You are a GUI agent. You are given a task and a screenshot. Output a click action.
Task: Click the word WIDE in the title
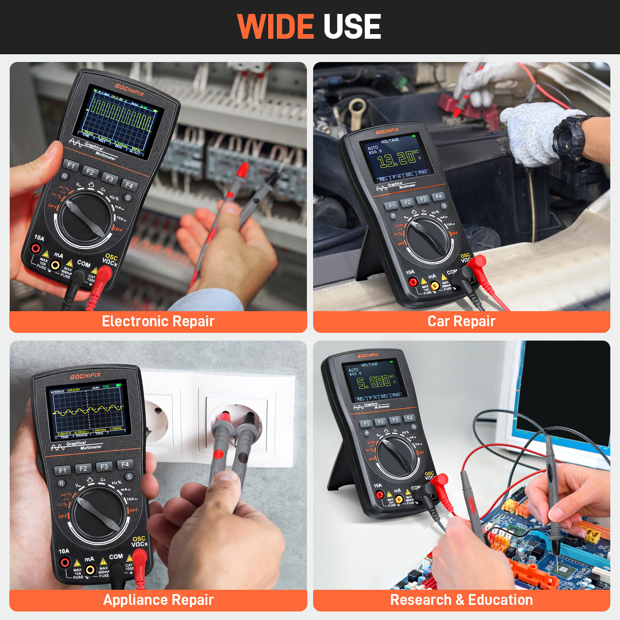(x=275, y=26)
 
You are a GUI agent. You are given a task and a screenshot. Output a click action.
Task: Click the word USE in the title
(x=352, y=26)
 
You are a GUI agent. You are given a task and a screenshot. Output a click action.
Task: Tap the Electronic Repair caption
(x=158, y=321)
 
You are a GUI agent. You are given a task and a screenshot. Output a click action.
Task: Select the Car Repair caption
(x=461, y=321)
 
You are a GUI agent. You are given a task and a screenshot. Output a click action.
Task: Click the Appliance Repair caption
(x=158, y=600)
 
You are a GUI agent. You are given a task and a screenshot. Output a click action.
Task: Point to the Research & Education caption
(x=461, y=600)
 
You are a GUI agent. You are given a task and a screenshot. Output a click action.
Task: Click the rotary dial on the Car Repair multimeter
(x=429, y=239)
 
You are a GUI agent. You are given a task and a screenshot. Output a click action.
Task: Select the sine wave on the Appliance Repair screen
(x=87, y=410)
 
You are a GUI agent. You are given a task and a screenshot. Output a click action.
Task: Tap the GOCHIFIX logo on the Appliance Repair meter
(x=85, y=376)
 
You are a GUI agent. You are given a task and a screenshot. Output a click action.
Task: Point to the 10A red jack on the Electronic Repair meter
(x=36, y=248)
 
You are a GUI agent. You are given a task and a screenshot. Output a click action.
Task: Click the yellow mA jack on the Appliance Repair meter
(x=90, y=570)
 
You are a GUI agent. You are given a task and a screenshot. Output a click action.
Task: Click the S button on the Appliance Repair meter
(x=129, y=477)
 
